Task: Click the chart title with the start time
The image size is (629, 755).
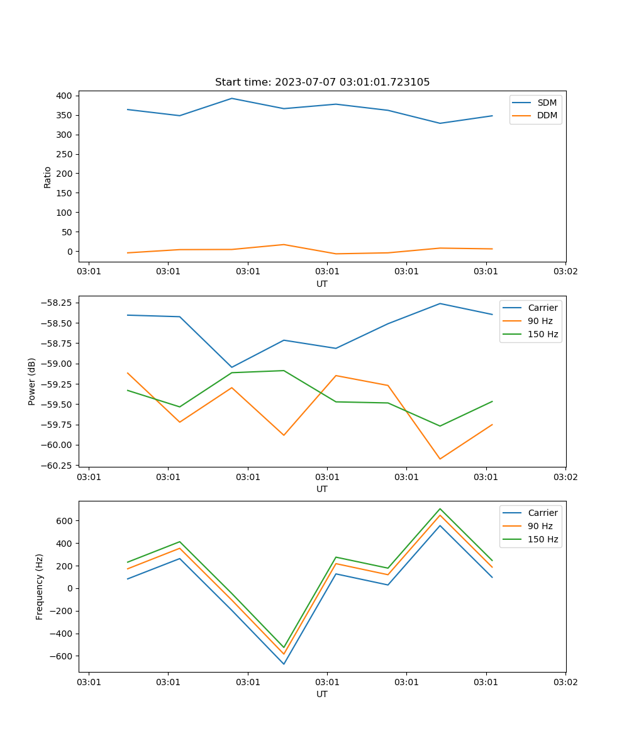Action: point(322,82)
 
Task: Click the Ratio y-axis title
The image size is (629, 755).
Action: point(48,177)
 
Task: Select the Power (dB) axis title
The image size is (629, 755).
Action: point(32,381)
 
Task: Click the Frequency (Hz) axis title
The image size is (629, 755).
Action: point(40,586)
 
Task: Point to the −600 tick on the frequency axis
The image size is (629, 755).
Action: point(60,656)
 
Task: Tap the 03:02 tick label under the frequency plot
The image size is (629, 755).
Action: point(565,681)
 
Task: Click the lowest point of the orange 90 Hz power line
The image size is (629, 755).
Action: point(440,459)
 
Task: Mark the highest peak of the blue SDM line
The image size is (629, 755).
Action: point(231,98)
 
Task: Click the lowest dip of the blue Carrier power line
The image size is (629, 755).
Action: point(231,367)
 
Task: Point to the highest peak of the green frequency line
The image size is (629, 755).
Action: point(440,508)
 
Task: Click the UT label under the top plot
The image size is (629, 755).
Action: point(322,284)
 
